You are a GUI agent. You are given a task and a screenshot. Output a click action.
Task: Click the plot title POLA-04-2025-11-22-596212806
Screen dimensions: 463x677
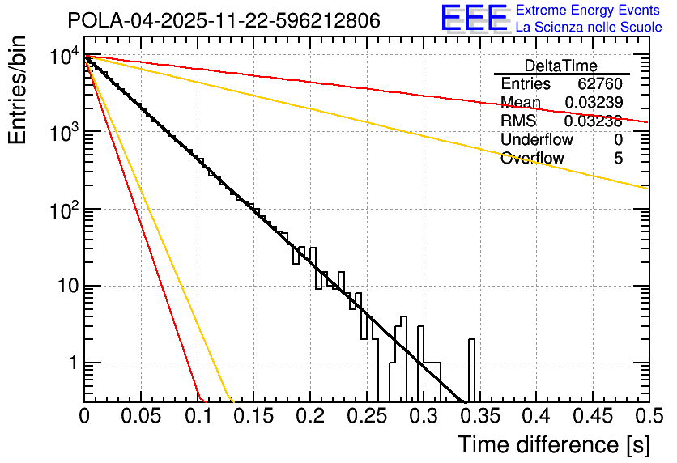pyautogui.click(x=224, y=21)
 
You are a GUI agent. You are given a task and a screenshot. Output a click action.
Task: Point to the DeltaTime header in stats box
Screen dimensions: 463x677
pyautogui.click(x=561, y=66)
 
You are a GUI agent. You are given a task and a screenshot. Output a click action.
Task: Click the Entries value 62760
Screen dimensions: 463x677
pyautogui.click(x=600, y=84)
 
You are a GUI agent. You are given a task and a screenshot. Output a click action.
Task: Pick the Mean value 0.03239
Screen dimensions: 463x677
pyautogui.click(x=593, y=103)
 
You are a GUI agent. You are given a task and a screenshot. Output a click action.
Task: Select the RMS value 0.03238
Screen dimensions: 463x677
pyautogui.click(x=593, y=121)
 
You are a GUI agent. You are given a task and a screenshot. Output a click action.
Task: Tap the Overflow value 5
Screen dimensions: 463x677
pyautogui.click(x=618, y=159)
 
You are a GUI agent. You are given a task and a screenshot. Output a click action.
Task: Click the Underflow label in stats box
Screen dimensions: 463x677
pyautogui.click(x=537, y=140)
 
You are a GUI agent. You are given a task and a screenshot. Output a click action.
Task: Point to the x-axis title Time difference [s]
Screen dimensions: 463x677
pyautogui.click(x=553, y=445)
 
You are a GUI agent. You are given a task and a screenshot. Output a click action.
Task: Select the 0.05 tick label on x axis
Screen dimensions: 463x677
pyautogui.click(x=140, y=417)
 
